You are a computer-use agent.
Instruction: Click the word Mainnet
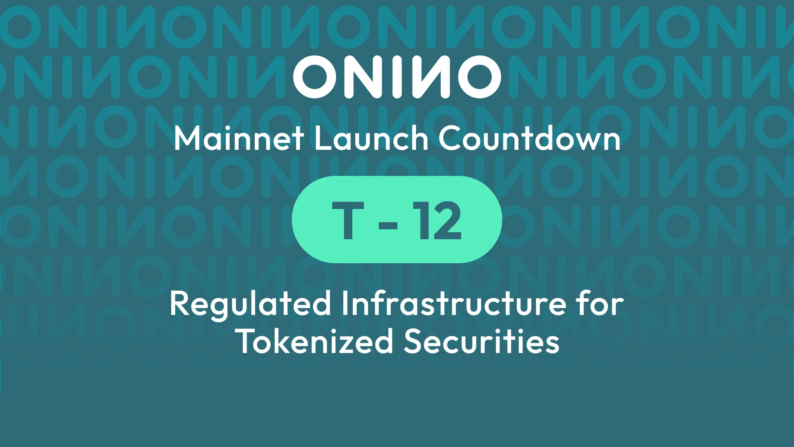point(239,139)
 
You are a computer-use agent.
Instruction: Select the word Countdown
point(529,139)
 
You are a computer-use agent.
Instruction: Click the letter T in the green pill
point(348,220)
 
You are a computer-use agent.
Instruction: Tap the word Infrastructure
point(453,304)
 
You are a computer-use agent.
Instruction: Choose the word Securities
point(481,342)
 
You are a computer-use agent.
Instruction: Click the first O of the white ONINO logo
point(316,77)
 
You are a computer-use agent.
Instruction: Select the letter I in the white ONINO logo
point(397,77)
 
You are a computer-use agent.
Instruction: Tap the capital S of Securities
point(415,342)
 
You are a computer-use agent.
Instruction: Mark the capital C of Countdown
point(450,139)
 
